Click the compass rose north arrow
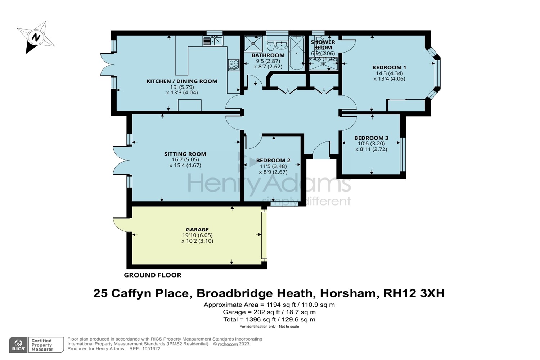(36, 37)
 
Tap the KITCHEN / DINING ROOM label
(182, 81)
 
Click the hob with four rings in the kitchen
(233, 65)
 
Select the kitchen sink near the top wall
(213, 41)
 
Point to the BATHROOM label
(268, 55)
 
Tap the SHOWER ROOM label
(323, 45)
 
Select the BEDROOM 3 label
(371, 138)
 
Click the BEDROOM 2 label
(273, 161)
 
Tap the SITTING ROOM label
(185, 154)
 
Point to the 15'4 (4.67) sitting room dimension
(185, 166)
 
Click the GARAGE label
(197, 230)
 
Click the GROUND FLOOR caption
(153, 275)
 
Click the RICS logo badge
(18, 345)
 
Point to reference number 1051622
(152, 348)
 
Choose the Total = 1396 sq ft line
(269, 319)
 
